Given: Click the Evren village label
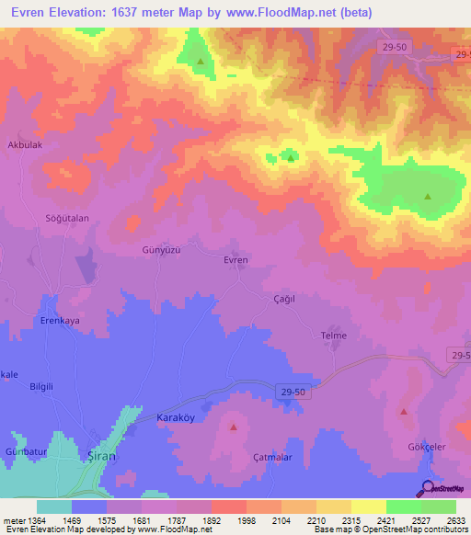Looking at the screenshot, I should click(236, 260).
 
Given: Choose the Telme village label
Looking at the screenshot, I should click(333, 336).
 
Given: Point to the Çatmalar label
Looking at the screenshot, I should click(272, 457).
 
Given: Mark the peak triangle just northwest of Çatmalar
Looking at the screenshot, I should click(233, 427).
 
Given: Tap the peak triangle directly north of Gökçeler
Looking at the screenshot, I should click(403, 412).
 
